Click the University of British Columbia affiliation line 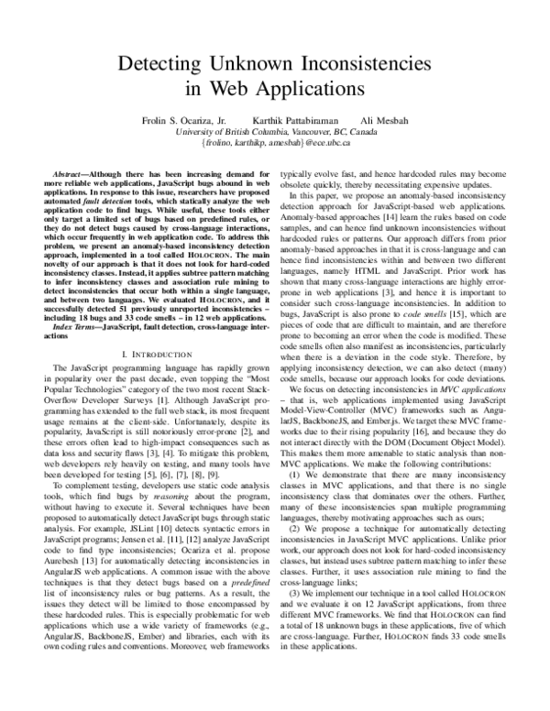[275, 132]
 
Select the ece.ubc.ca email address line [275, 144]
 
